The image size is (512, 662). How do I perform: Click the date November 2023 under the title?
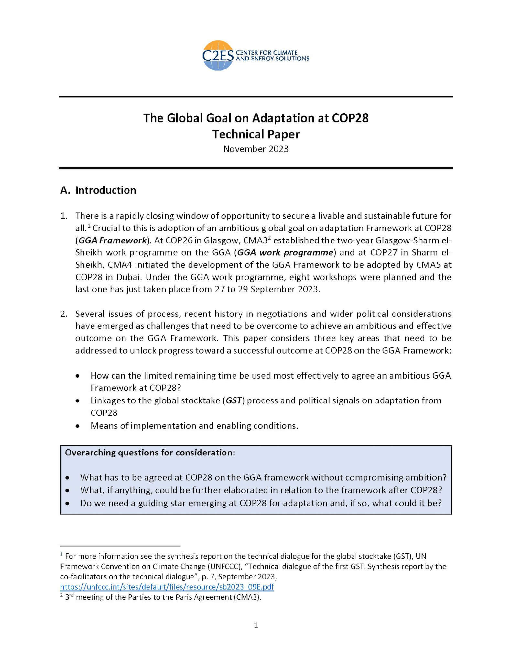pyautogui.click(x=256, y=149)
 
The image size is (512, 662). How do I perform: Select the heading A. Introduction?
pyautogui.click(x=98, y=190)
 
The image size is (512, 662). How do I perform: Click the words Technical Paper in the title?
pyautogui.click(x=256, y=134)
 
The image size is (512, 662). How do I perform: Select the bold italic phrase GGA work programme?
pyautogui.click(x=285, y=252)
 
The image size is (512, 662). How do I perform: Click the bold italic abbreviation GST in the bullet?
pyautogui.click(x=233, y=400)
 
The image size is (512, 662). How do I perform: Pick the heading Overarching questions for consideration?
pyautogui.click(x=150, y=453)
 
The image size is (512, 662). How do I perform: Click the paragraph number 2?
pyautogui.click(x=63, y=314)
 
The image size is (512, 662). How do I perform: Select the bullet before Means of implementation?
pyautogui.click(x=77, y=426)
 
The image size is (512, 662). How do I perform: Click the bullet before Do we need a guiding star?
pyautogui.click(x=67, y=504)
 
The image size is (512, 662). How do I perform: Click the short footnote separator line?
pyautogui.click(x=120, y=546)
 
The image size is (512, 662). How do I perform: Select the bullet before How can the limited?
pyautogui.click(x=77, y=376)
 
